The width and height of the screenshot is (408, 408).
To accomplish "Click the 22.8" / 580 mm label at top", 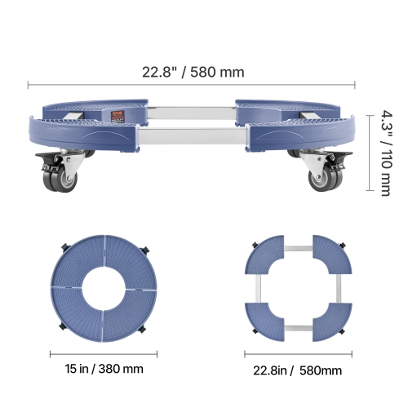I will (193, 72).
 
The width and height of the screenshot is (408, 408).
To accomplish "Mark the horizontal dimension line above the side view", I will (193, 84).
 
